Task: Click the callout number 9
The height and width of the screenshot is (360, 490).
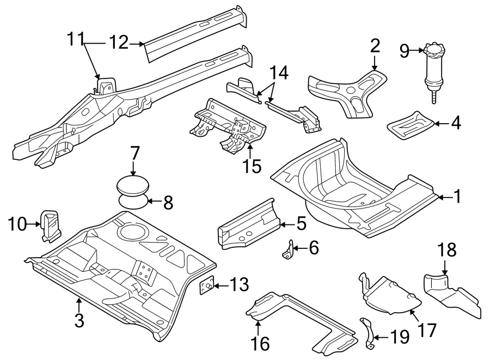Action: (x=404, y=51)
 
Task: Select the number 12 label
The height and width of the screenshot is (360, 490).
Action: (x=118, y=41)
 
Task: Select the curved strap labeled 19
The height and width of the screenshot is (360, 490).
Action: (x=370, y=333)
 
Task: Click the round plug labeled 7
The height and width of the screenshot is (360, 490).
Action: (x=133, y=185)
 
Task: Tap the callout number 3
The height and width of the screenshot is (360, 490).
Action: (x=79, y=321)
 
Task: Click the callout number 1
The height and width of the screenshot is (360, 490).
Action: (x=458, y=197)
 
